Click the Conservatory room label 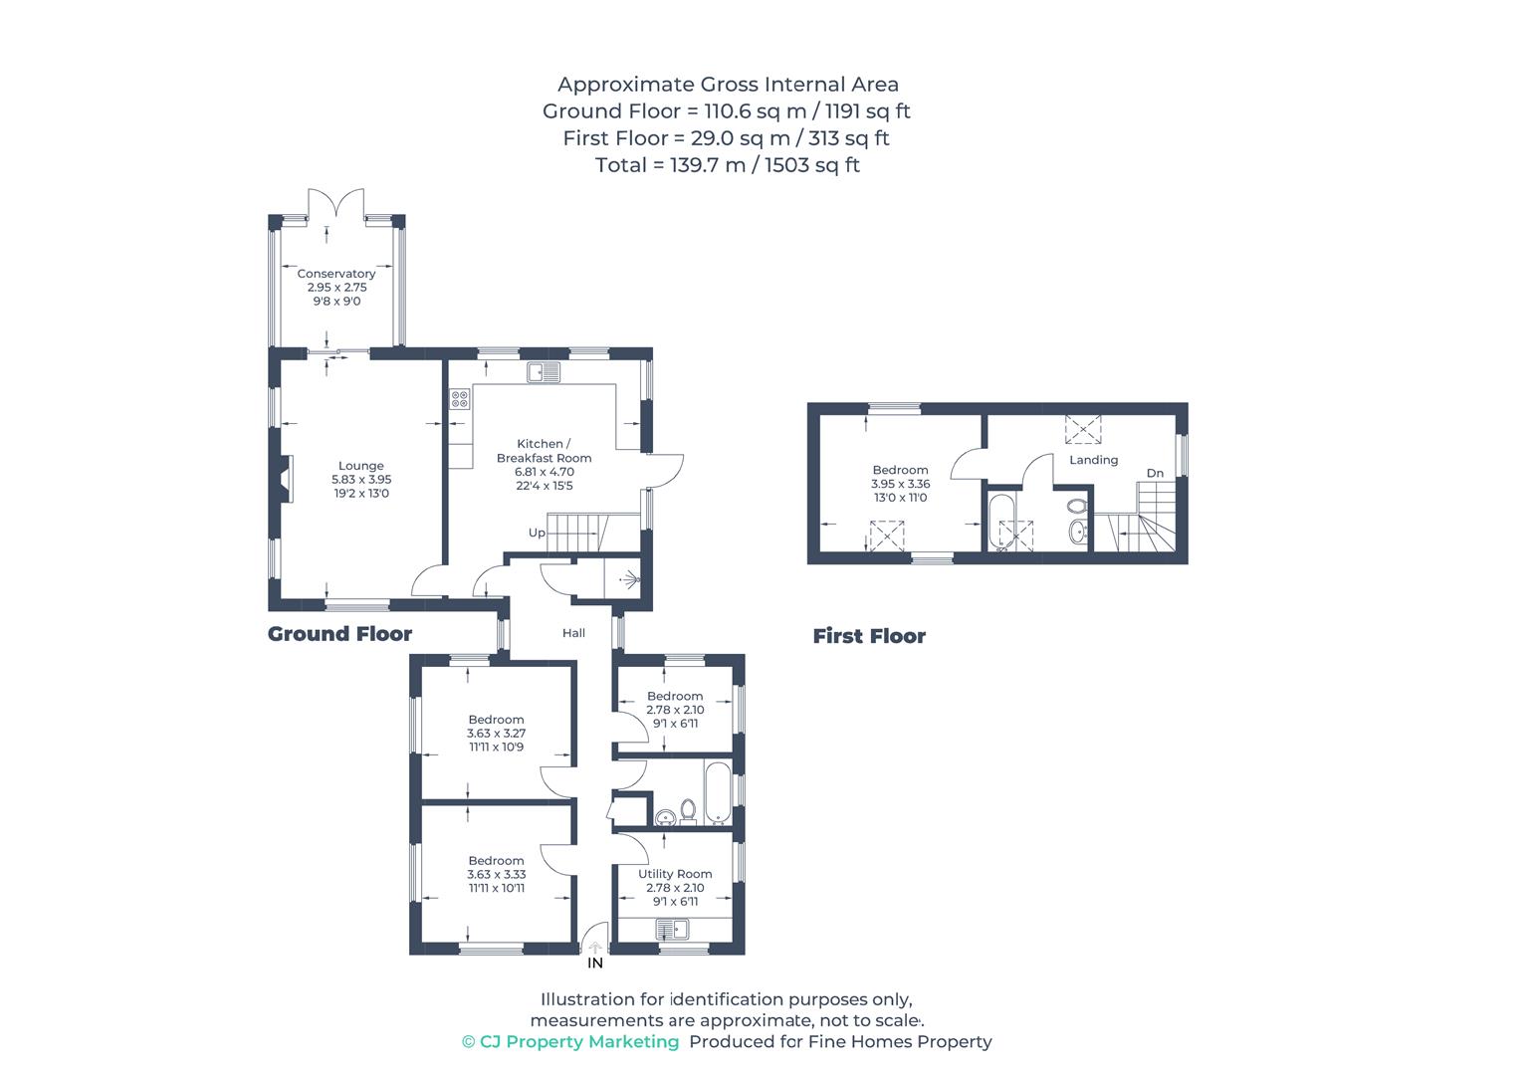(336, 274)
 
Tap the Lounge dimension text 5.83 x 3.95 (361, 479)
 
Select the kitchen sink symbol (544, 372)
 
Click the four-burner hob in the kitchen (460, 399)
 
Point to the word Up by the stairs (537, 533)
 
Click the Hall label (574, 633)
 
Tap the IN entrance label (595, 964)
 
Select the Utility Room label (675, 874)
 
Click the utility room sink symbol (672, 930)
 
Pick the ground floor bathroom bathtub (718, 792)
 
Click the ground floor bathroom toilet (688, 812)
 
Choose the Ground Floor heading (340, 633)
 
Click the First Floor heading (869, 636)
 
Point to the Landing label (1094, 460)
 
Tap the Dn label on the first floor (1156, 473)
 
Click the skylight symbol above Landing (1083, 429)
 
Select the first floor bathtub (1001, 522)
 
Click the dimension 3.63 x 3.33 (497, 874)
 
